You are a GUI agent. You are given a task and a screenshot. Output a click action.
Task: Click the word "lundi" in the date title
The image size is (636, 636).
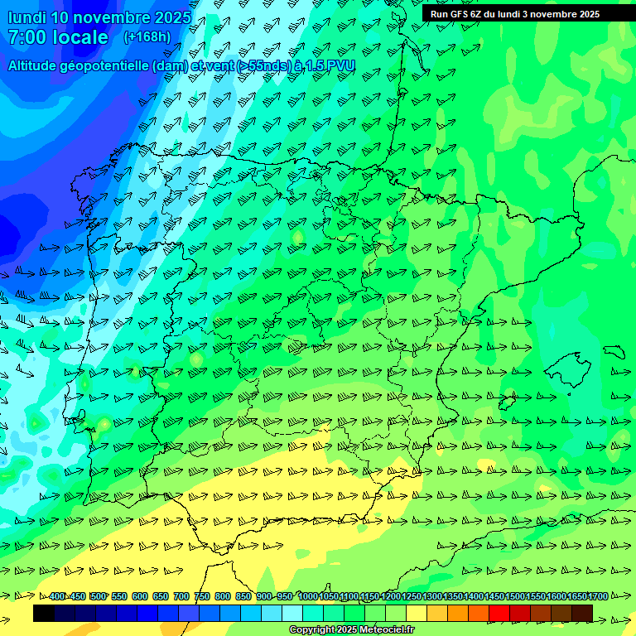26,17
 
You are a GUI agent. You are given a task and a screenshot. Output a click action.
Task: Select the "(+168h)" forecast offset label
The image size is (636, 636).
147,36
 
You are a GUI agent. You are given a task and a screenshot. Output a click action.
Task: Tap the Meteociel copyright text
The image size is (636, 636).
351,629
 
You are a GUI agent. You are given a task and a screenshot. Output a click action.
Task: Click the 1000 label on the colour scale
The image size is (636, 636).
308,596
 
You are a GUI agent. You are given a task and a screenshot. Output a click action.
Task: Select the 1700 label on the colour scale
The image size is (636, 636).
598,596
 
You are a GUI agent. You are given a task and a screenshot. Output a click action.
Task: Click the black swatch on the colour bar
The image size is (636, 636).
44,613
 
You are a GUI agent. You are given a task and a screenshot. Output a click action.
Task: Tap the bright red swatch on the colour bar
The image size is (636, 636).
499,613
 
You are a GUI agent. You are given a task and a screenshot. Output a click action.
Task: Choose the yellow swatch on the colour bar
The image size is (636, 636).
417,613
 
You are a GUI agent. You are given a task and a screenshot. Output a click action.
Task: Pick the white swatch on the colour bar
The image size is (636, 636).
292,613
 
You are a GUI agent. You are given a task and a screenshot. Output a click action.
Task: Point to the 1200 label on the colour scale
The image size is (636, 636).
391,596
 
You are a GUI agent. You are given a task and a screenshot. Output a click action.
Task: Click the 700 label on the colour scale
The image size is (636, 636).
181,596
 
